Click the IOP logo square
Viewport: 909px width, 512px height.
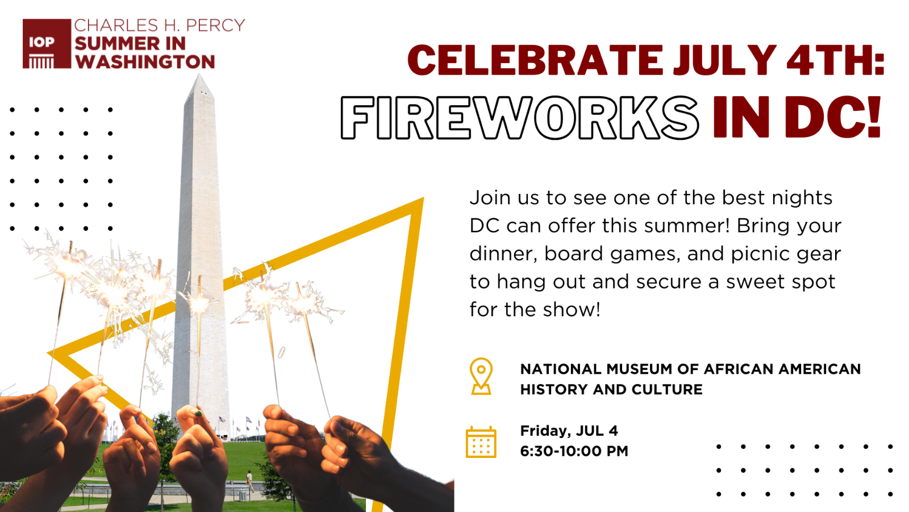point(47,43)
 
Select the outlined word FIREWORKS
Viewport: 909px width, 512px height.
point(520,118)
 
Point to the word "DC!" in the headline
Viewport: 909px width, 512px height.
point(833,117)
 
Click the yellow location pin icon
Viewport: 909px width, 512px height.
point(481,376)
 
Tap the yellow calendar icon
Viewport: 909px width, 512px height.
point(481,442)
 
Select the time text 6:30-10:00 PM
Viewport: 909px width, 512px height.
point(574,451)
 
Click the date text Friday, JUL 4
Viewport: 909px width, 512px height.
point(569,431)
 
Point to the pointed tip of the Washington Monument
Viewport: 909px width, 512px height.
point(199,75)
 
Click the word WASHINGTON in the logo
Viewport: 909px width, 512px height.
point(145,62)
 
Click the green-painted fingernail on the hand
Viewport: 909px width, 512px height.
point(198,413)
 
